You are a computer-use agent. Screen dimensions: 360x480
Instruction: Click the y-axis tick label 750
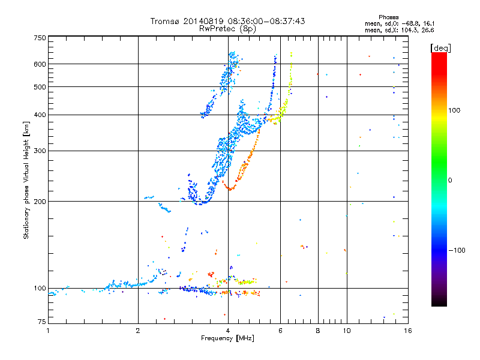(40, 38)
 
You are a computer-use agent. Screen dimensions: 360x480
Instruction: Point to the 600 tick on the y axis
(40, 64)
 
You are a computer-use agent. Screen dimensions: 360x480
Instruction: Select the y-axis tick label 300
(40, 151)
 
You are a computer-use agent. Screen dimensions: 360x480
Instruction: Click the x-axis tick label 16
(406, 331)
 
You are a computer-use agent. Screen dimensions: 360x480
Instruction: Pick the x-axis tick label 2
(138, 331)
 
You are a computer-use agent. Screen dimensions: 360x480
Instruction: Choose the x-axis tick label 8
(318, 331)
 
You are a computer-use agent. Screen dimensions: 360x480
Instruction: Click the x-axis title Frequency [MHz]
(227, 339)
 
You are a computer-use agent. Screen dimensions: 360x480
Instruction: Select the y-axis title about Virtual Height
(26, 180)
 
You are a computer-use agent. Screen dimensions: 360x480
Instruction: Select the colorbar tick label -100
(456, 250)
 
